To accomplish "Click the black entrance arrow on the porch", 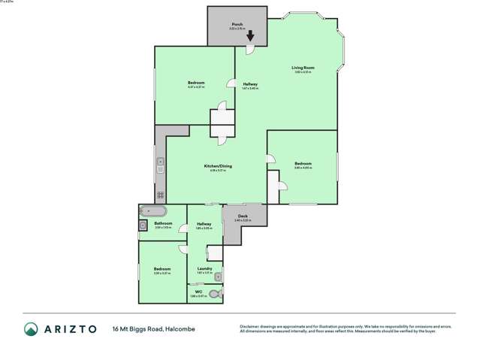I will (x=250, y=35).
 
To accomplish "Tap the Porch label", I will (x=237, y=24).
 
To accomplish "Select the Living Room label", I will (x=303, y=68).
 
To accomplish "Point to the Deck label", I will (x=243, y=216).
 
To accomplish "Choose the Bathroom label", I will (x=163, y=223).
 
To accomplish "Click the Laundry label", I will (x=204, y=268).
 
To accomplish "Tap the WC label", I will (x=199, y=292).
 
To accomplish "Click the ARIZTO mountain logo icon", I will (x=31, y=328).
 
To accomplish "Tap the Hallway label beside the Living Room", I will (x=250, y=83).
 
